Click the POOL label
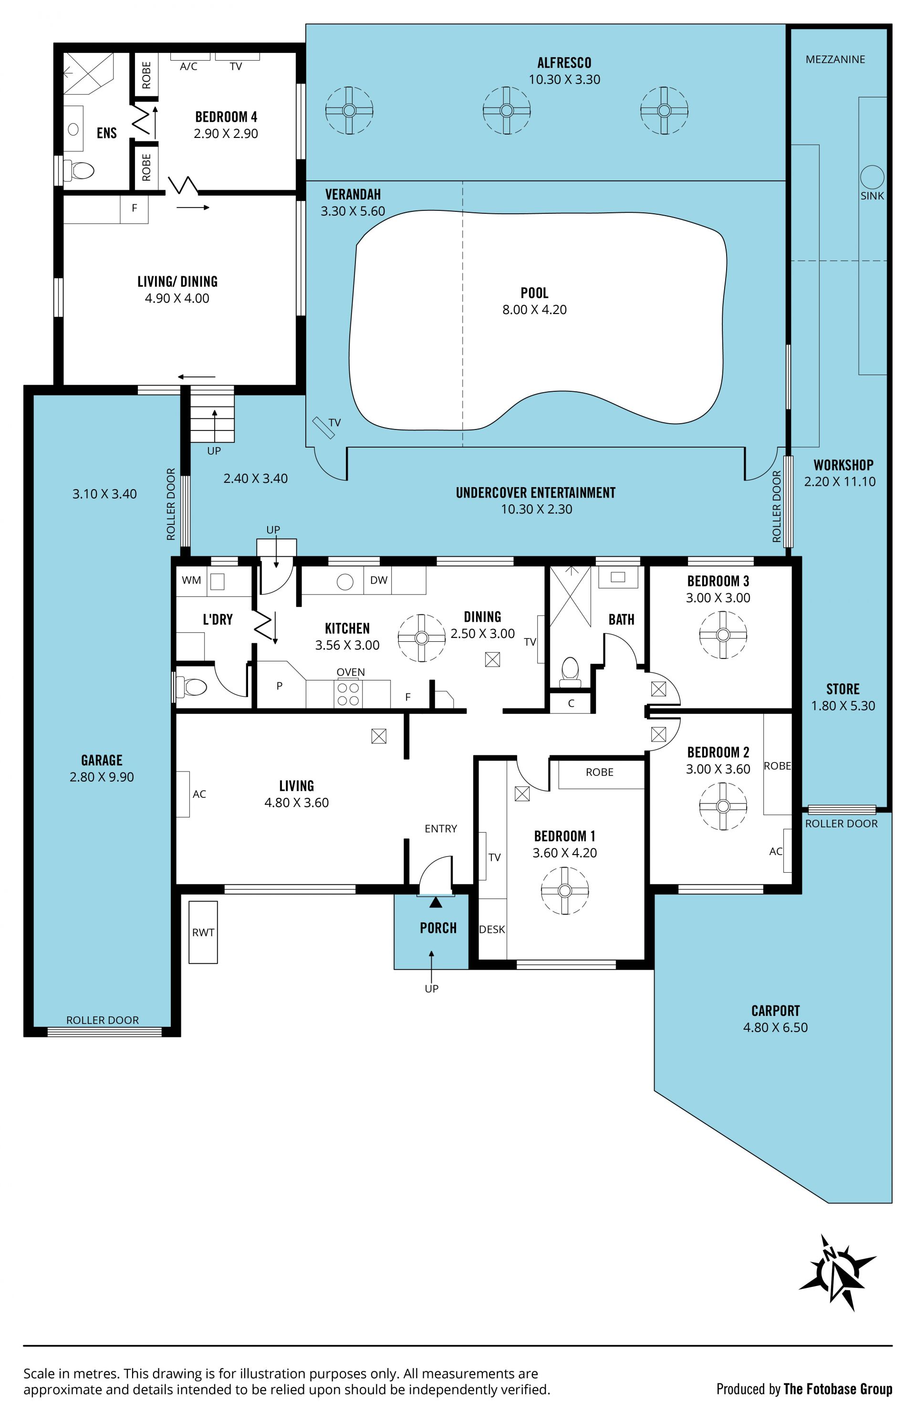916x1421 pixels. point(534,293)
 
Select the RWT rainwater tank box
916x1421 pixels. point(203,932)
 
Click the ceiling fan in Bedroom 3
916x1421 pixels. point(723,635)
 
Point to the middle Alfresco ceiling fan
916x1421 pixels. point(506,111)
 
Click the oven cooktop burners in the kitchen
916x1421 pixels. point(348,693)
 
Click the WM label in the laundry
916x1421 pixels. point(191,580)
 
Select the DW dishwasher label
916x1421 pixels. point(379,580)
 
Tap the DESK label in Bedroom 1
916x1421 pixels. point(492,929)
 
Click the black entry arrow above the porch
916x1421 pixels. point(436,902)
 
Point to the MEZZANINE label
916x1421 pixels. point(835,59)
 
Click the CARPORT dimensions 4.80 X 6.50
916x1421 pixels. point(775,1027)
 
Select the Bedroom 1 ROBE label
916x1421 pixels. point(600,772)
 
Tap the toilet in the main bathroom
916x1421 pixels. point(570,670)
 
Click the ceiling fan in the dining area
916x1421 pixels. point(422,637)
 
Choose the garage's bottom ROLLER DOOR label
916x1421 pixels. point(102,1020)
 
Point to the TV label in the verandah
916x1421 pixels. point(335,422)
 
